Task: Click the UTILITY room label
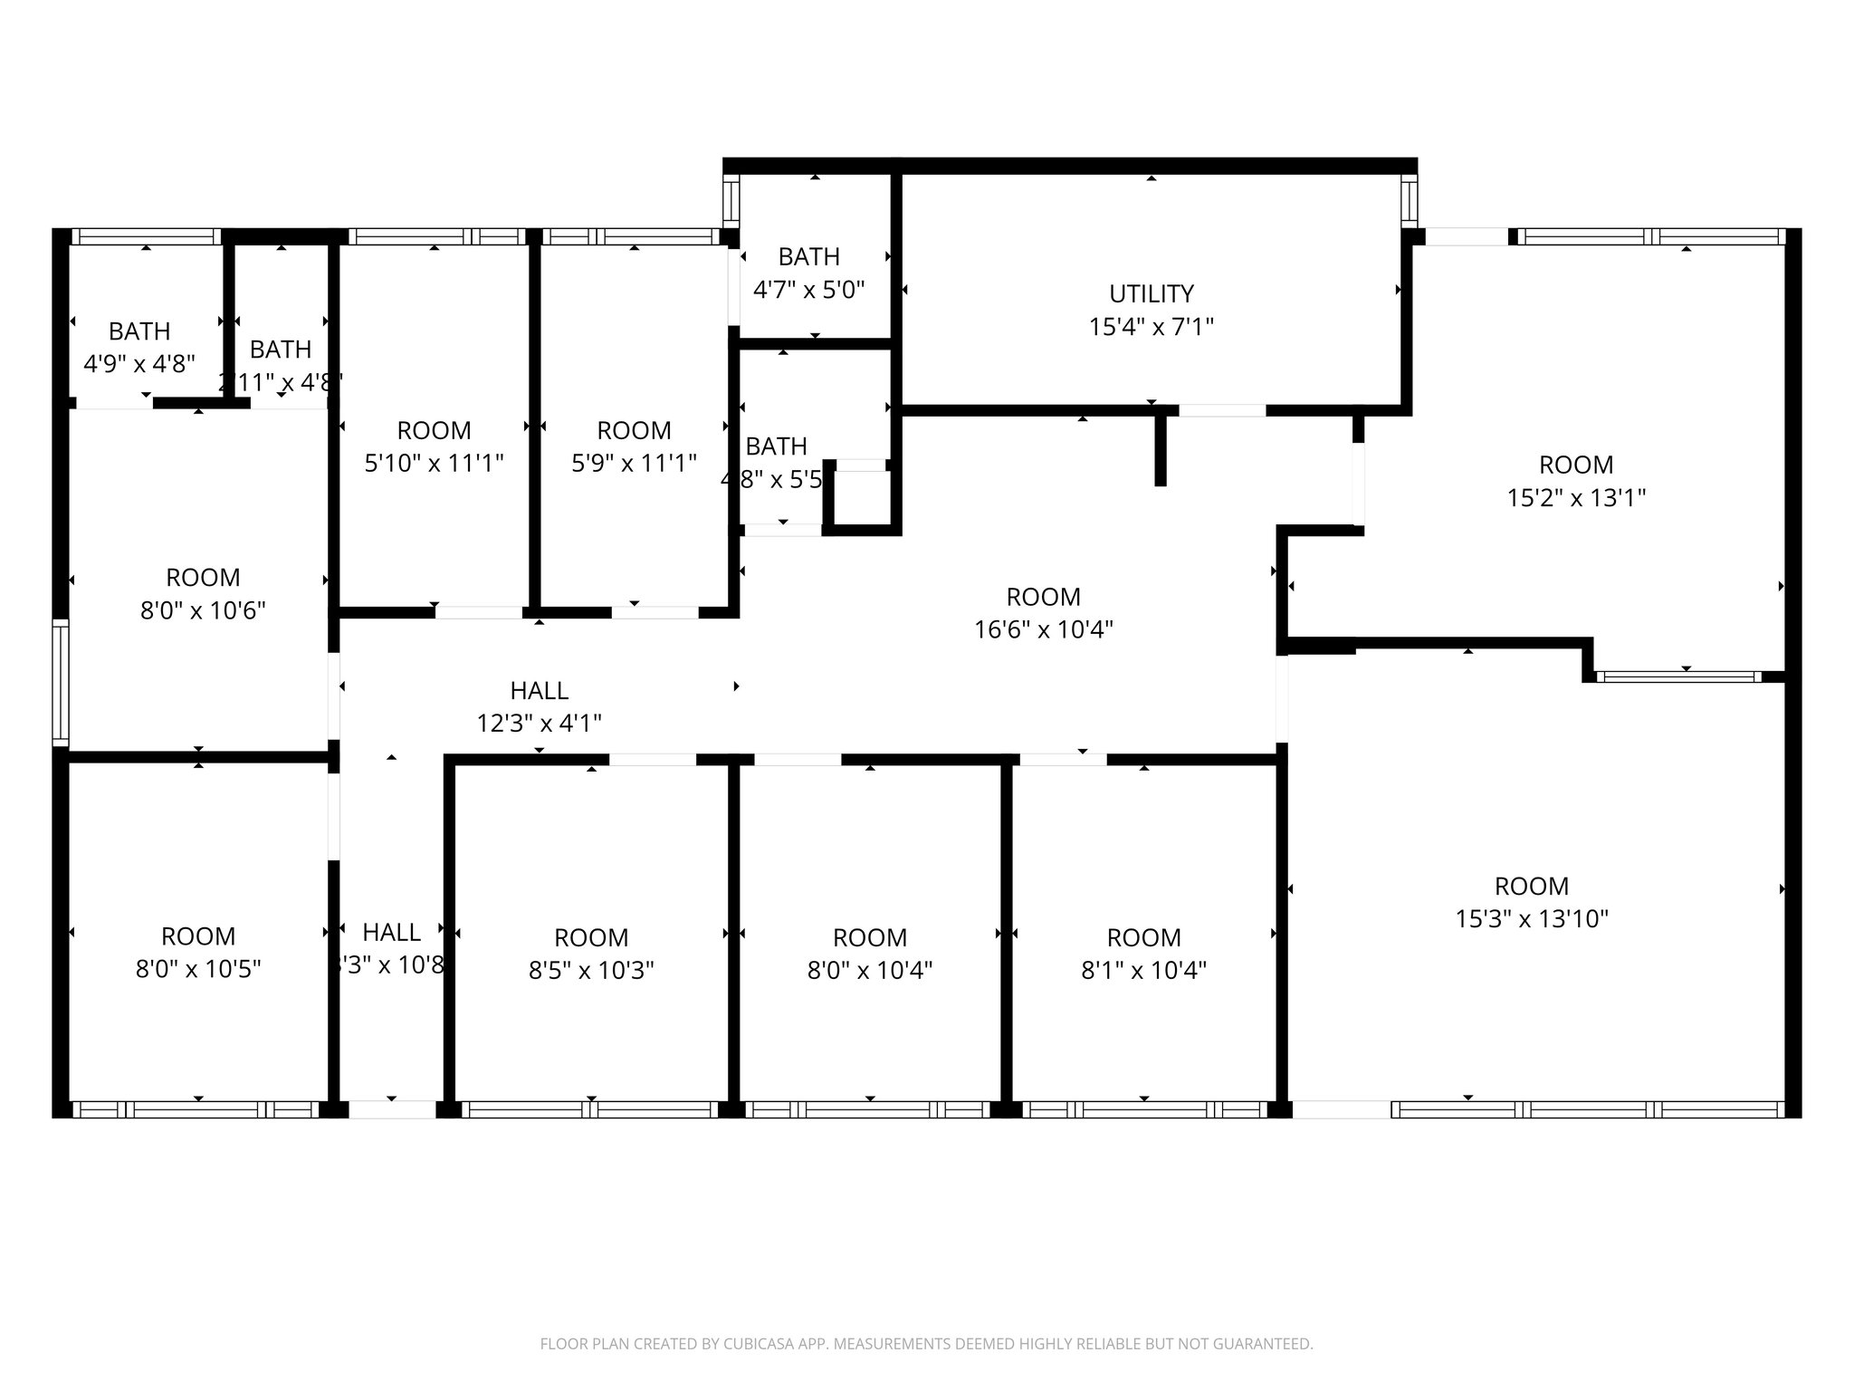click(x=1151, y=293)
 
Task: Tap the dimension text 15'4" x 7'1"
click(x=1151, y=326)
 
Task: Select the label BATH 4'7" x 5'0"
click(x=808, y=273)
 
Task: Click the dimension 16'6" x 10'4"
click(x=1043, y=629)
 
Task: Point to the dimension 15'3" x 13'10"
click(x=1531, y=918)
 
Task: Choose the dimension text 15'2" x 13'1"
click(x=1575, y=497)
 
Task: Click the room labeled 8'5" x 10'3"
click(x=591, y=954)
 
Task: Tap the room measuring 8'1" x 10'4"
click(x=1143, y=954)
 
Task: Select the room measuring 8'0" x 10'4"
click(x=869, y=954)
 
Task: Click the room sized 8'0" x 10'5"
click(x=198, y=952)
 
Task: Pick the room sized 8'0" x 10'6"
click(x=203, y=593)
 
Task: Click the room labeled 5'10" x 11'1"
click(x=434, y=446)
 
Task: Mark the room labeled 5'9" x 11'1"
click(x=634, y=446)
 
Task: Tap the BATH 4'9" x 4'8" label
click(x=139, y=347)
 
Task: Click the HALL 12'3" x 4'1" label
click(x=539, y=706)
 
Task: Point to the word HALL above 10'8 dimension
click(x=391, y=932)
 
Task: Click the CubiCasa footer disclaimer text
click(x=926, y=1344)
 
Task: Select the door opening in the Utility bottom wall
click(x=1221, y=410)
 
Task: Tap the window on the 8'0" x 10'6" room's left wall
click(x=60, y=683)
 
